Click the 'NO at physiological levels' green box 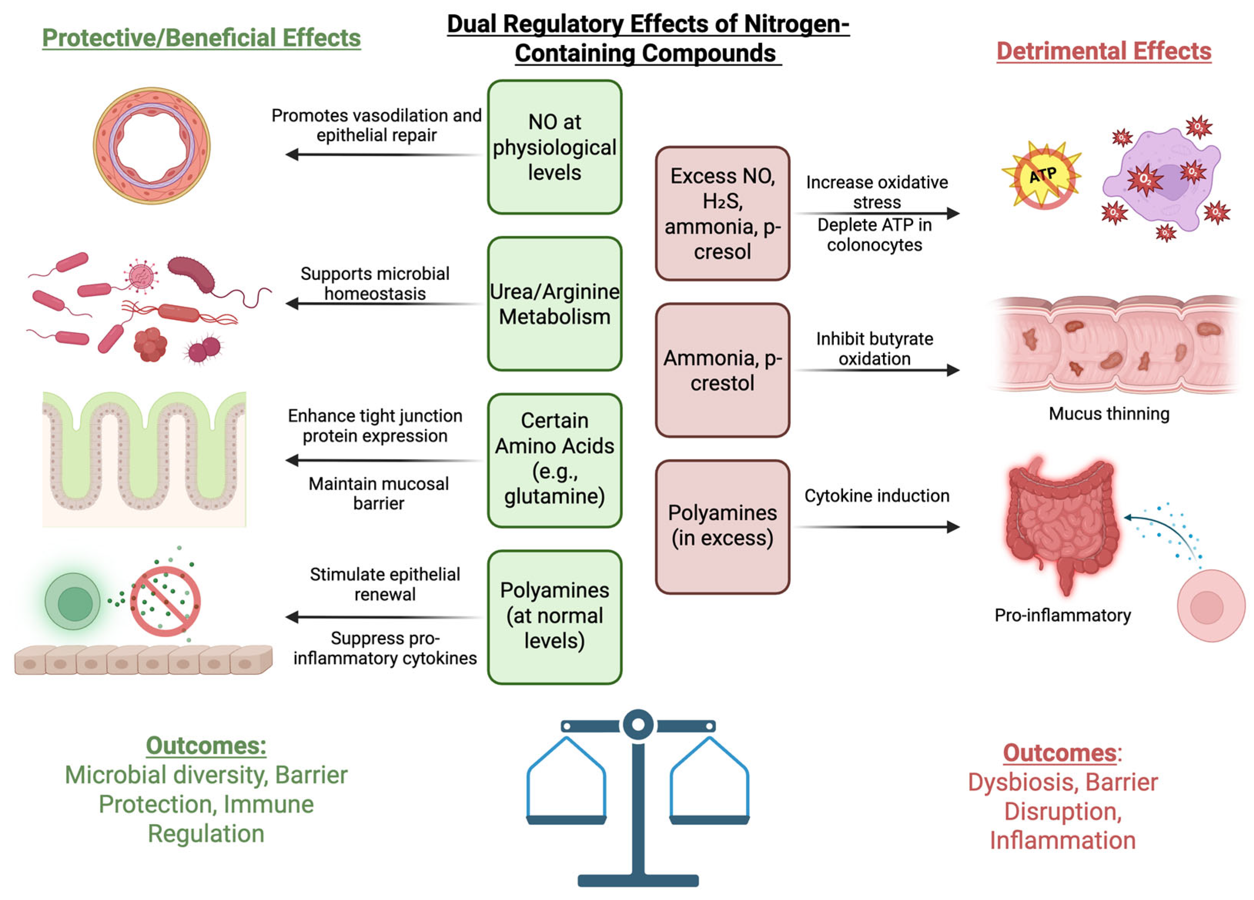(554, 147)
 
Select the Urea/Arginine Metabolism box (554, 304)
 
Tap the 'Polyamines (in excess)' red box (722, 526)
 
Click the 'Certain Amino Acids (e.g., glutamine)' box (554, 460)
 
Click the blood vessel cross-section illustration (152, 145)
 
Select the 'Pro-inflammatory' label (1062, 615)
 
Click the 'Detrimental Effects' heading (1104, 51)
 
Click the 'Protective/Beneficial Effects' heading (201, 38)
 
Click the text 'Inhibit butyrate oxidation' (874, 348)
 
